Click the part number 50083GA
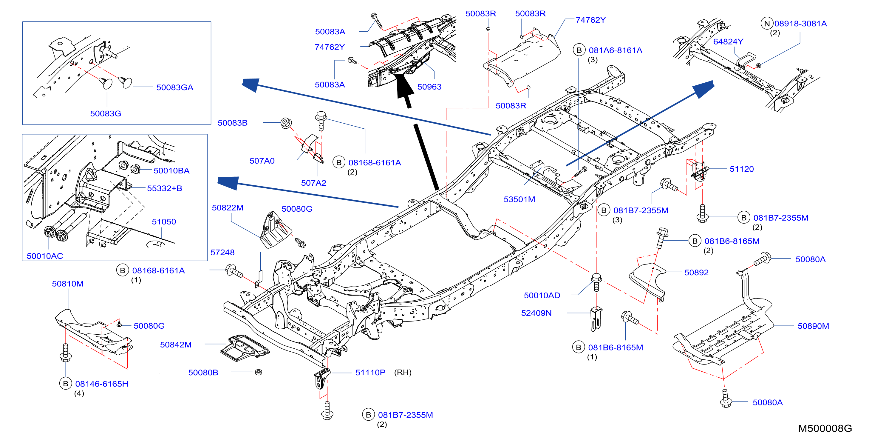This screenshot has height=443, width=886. [x=175, y=87]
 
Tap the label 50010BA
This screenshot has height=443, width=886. [x=171, y=171]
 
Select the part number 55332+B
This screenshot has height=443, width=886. [x=164, y=188]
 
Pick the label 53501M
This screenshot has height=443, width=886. [x=519, y=199]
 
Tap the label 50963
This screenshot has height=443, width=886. [x=429, y=87]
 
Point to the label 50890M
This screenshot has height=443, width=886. [x=813, y=326]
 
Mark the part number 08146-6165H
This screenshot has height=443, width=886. [x=101, y=384]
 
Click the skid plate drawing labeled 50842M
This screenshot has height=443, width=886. [x=245, y=348]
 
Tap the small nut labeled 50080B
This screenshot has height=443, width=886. [x=259, y=372]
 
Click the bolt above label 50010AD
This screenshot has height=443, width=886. [x=596, y=283]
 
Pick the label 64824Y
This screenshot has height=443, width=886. [x=728, y=42]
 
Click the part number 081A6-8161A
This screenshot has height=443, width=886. [x=615, y=50]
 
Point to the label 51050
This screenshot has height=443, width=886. [x=164, y=222]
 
